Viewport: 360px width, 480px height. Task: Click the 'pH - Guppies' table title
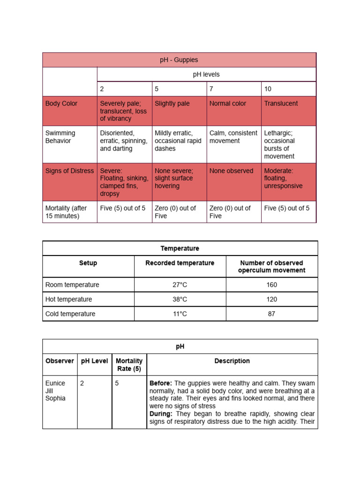click(179, 60)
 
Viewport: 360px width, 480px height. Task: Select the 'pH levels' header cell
click(206, 75)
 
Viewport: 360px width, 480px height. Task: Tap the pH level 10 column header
click(267, 89)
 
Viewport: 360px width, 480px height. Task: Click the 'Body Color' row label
click(61, 104)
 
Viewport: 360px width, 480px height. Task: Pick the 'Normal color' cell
click(228, 104)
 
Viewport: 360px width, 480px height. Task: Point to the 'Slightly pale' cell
click(172, 104)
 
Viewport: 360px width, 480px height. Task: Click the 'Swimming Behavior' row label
click(60, 137)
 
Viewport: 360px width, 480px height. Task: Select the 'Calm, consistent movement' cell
click(233, 137)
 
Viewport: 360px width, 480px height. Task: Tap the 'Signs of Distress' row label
click(69, 171)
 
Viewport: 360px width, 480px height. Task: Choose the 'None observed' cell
click(231, 171)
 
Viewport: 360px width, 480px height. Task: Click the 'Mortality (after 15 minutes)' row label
click(66, 212)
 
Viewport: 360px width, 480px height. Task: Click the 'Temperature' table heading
click(180, 248)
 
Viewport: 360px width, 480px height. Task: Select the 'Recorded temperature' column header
click(180, 263)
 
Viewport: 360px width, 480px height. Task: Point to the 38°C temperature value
click(180, 299)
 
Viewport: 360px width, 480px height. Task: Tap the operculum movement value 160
click(271, 285)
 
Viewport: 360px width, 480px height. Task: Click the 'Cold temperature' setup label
click(70, 314)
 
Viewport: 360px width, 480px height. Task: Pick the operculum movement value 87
click(271, 314)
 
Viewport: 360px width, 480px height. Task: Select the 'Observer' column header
click(60, 361)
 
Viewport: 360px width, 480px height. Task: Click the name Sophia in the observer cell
click(55, 398)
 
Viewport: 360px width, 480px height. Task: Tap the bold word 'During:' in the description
click(161, 414)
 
